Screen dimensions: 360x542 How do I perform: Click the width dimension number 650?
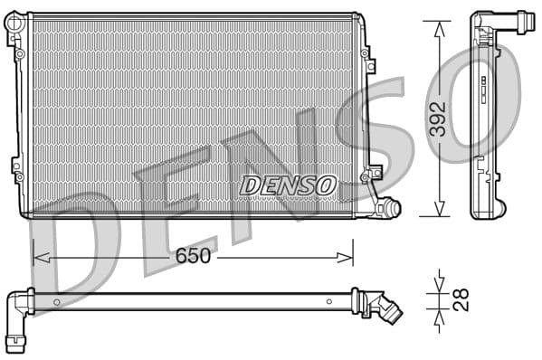pyautogui.click(x=193, y=256)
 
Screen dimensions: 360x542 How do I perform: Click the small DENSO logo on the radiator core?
pyautogui.click(x=288, y=185)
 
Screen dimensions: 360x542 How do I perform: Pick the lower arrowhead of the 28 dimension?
pyautogui.click(x=440, y=317)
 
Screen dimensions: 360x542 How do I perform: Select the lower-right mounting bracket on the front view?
pyautogui.click(x=372, y=173)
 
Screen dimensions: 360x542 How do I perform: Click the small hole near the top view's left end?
pyautogui.click(x=56, y=301)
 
